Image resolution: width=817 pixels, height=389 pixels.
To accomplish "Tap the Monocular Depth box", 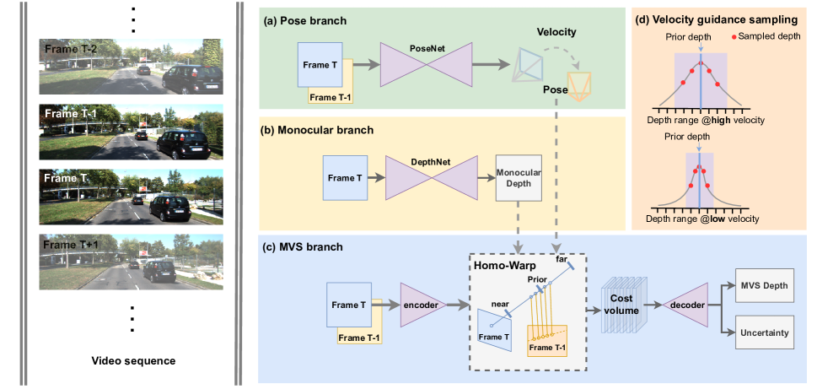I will pyautogui.click(x=519, y=177).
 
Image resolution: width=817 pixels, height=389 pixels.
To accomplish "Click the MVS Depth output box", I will pyautogui.click(x=763, y=287).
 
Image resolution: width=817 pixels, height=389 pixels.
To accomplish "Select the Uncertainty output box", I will pyautogui.click(x=763, y=332).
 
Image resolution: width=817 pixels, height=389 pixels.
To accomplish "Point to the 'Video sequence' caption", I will pyautogui.click(x=133, y=361).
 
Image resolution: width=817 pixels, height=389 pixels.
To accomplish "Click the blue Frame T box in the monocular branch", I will pyautogui.click(x=346, y=177).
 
